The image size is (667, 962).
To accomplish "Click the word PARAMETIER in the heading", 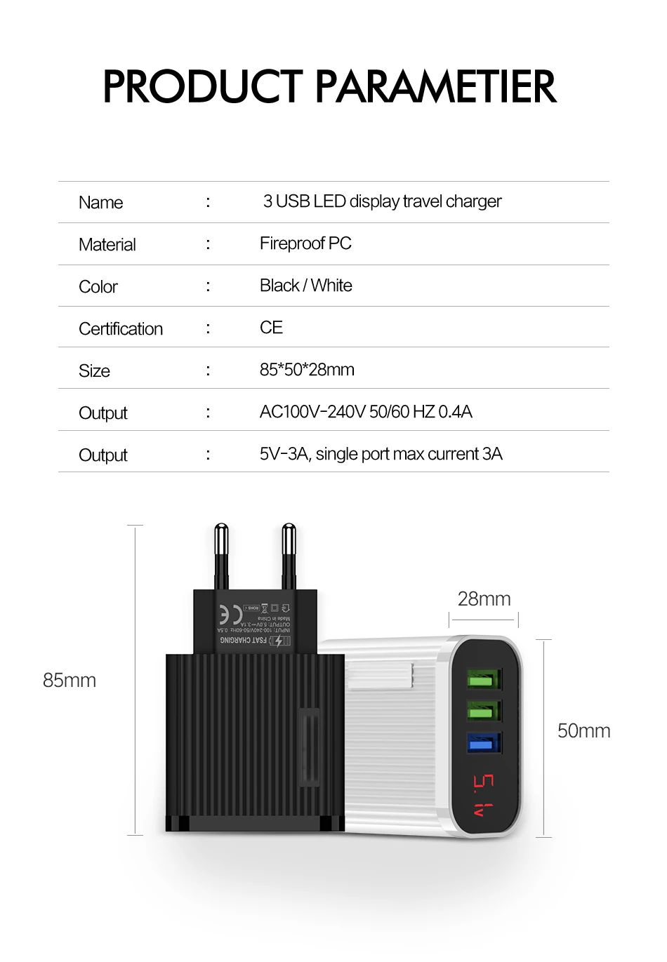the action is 435,87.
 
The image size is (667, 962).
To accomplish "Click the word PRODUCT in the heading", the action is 203,87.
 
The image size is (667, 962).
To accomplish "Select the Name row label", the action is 101,203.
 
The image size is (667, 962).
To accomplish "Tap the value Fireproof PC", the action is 305,243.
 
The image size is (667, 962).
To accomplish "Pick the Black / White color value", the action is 306,286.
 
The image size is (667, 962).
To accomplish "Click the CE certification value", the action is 271,328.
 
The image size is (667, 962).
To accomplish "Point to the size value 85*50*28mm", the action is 307,370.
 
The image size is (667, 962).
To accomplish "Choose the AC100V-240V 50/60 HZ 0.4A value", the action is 366,412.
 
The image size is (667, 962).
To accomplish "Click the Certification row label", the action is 121,329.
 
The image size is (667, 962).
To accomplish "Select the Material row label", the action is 107,245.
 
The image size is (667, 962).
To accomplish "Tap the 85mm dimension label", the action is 70,681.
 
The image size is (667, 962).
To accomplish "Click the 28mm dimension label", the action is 484,599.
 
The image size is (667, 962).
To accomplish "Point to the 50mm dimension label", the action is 583,731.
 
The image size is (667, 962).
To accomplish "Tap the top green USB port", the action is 484,680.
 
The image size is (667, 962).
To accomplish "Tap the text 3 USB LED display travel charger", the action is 383,201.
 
